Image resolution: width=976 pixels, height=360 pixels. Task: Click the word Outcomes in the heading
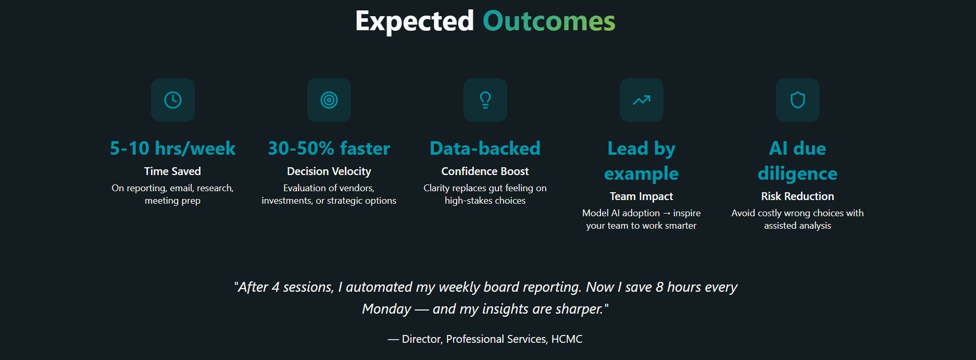(549, 21)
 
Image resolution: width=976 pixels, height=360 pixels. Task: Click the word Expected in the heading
(415, 22)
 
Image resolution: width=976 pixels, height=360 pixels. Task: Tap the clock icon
(173, 100)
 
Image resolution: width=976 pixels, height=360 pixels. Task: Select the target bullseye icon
(329, 100)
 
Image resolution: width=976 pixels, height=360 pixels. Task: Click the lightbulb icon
(485, 100)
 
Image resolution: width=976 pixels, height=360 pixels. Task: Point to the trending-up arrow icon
(642, 100)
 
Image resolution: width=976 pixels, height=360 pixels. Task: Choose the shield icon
(798, 100)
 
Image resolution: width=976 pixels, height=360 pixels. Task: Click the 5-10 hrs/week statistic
(173, 148)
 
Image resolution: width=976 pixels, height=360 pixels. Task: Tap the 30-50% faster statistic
(329, 148)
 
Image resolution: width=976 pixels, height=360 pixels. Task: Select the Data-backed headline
(485, 148)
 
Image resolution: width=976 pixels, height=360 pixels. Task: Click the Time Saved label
(172, 171)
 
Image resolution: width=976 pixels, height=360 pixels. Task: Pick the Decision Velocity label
(329, 171)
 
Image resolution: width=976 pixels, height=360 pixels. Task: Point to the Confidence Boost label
(485, 171)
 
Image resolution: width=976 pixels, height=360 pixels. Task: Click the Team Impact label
(641, 196)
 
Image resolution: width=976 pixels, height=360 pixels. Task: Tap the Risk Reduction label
(797, 196)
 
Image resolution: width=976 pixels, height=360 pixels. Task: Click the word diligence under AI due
(797, 174)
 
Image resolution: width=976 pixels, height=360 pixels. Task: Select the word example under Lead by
(641, 174)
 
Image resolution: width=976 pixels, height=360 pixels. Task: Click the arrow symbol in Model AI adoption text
(667, 213)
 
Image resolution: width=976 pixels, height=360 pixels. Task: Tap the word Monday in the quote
(386, 309)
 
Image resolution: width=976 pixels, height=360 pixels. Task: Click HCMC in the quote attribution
(567, 339)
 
